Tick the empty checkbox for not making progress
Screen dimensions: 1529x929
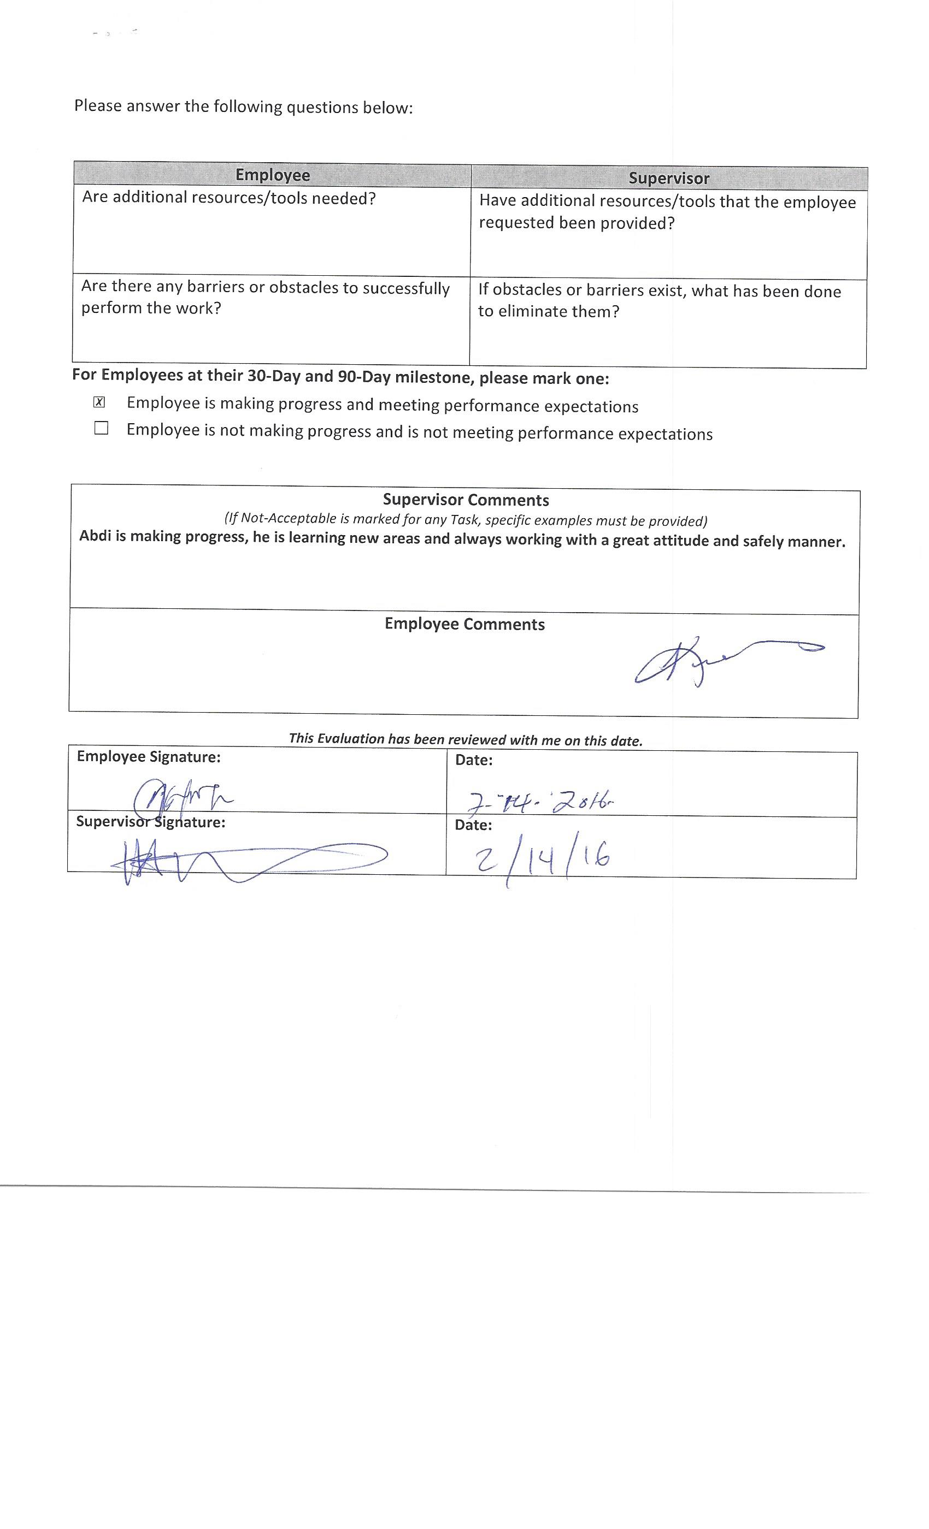click(x=101, y=428)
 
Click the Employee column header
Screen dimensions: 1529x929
click(x=273, y=175)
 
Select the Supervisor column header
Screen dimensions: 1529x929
click(x=668, y=178)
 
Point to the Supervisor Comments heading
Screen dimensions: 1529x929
click(x=466, y=500)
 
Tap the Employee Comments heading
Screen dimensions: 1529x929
click(x=465, y=624)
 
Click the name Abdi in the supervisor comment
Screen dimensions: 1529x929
click(x=95, y=536)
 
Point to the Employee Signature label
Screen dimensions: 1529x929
click(x=149, y=757)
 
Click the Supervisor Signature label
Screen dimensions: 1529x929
click(x=150, y=822)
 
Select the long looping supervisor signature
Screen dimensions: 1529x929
click(x=249, y=860)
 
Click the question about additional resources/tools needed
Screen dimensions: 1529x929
click(x=228, y=198)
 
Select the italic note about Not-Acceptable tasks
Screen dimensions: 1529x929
click(x=466, y=519)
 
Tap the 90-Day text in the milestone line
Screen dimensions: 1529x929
click(x=369, y=377)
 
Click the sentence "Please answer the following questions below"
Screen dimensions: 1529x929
click(x=243, y=106)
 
